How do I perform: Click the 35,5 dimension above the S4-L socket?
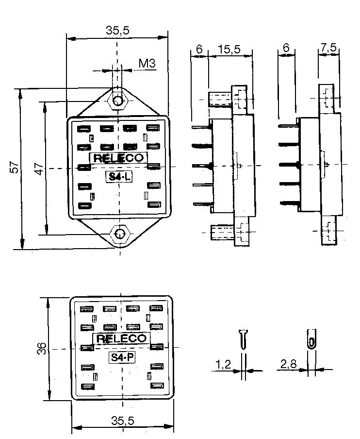(x=117, y=30)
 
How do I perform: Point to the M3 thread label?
(x=146, y=63)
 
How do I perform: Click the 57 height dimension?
(x=15, y=168)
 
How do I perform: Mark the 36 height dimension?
(x=41, y=349)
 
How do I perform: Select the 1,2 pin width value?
(x=224, y=365)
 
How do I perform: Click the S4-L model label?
(x=118, y=177)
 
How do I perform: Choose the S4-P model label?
(x=121, y=357)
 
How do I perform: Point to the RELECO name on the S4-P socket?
(x=121, y=338)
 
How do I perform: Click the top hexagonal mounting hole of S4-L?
(x=117, y=101)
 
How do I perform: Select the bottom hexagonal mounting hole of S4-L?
(x=118, y=234)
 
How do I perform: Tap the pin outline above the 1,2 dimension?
(x=244, y=338)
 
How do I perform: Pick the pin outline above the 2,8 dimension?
(x=311, y=339)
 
